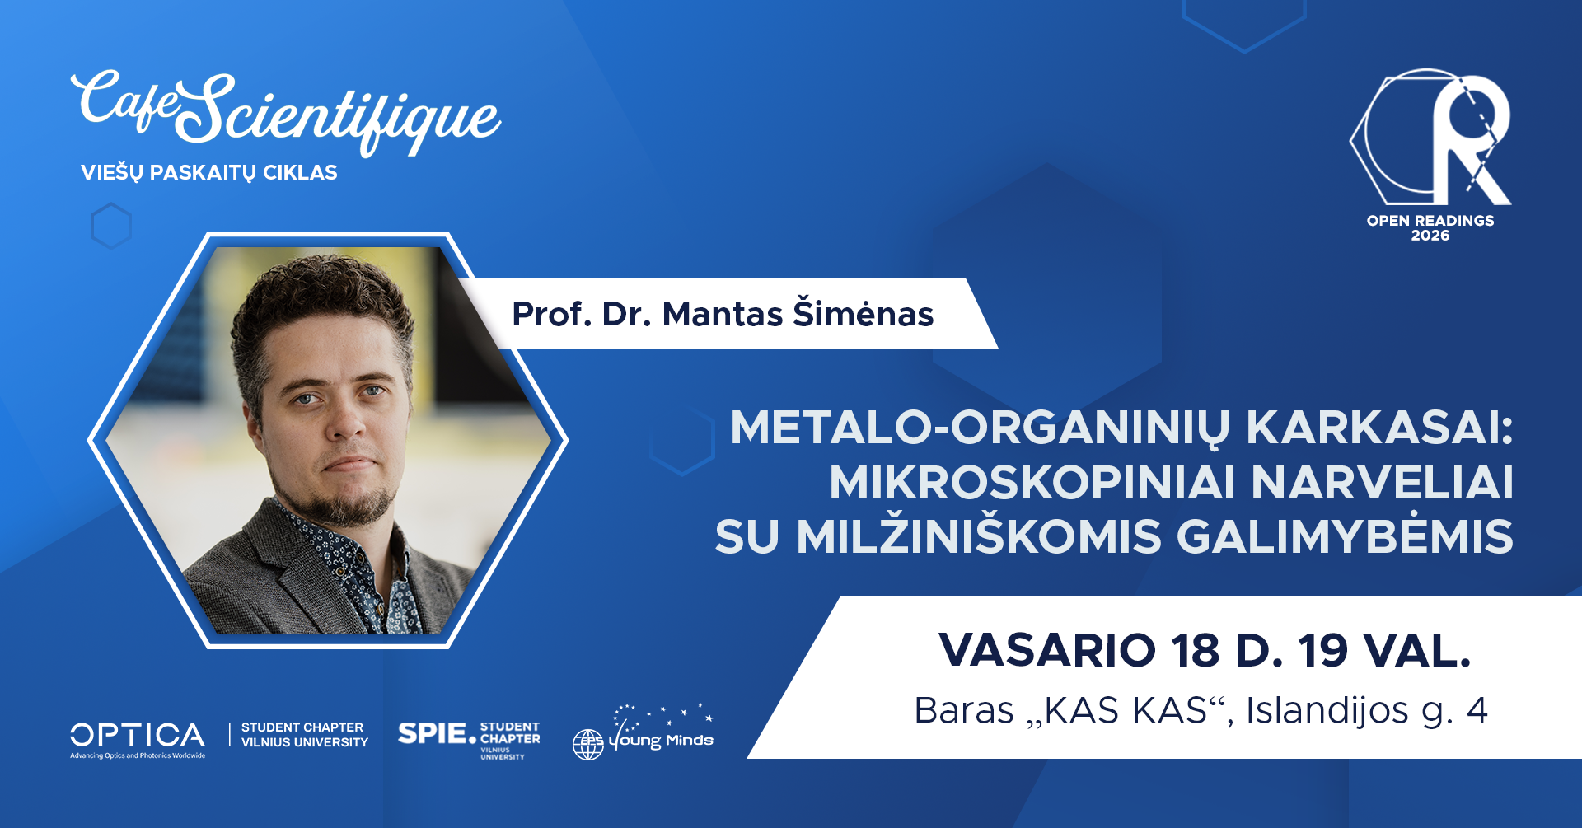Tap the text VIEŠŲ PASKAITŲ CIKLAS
(x=209, y=173)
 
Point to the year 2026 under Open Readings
(x=1430, y=236)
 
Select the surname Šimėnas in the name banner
(x=863, y=314)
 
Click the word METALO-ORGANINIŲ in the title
(x=981, y=428)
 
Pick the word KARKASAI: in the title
(x=1380, y=428)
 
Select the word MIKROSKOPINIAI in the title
(x=1032, y=483)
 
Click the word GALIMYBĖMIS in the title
(x=1345, y=536)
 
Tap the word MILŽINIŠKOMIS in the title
(x=979, y=536)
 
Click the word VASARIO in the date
(x=1047, y=651)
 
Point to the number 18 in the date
(x=1196, y=651)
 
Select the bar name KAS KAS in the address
(x=1127, y=710)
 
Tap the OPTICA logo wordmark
(x=138, y=735)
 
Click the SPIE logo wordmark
(x=432, y=733)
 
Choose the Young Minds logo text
(x=662, y=740)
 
